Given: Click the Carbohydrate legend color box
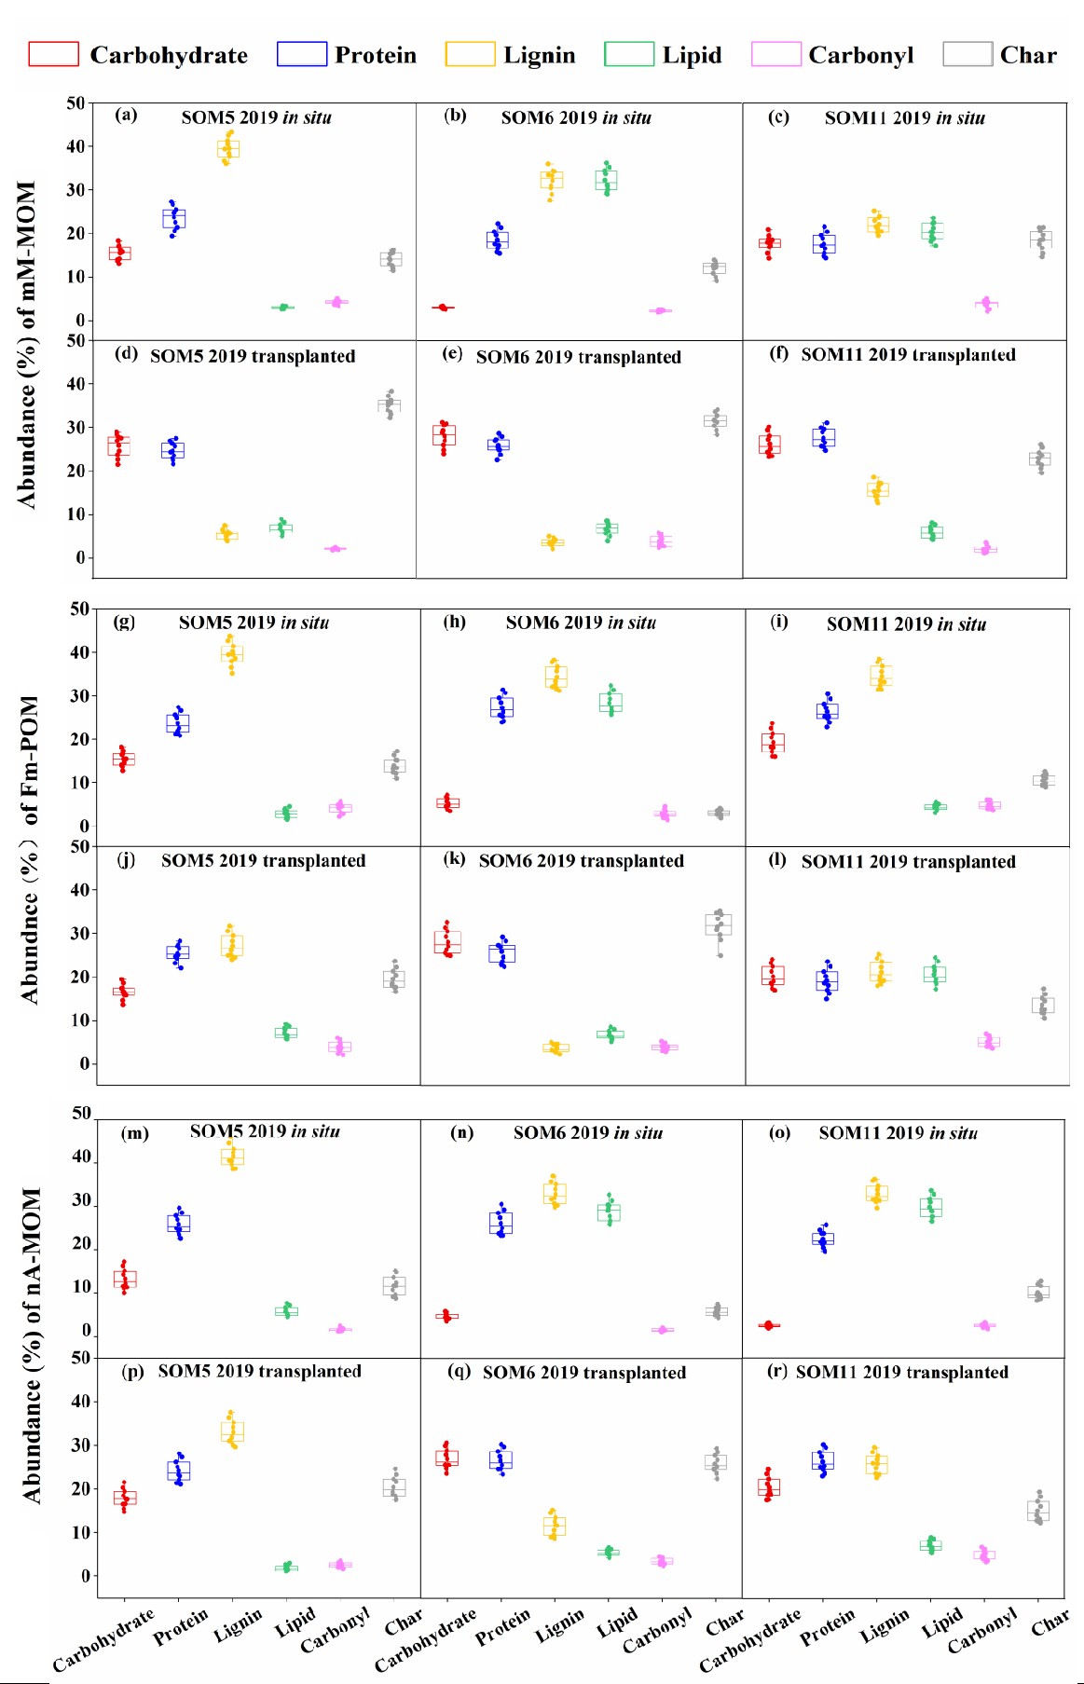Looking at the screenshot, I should (53, 54).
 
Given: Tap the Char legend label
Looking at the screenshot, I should (1028, 55).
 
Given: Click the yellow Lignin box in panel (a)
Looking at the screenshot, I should (228, 148).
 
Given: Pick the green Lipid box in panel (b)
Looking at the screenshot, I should (607, 180).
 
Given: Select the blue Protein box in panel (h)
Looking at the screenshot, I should (502, 707).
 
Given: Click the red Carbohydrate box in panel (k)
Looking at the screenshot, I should (447, 941).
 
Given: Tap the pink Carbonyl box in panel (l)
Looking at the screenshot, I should (989, 1041).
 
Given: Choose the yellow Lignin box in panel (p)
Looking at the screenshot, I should (232, 1431).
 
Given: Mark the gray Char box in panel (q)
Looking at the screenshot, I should (716, 1462).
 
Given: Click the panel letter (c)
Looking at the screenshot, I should (778, 117).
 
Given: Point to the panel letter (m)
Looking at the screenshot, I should (135, 1133).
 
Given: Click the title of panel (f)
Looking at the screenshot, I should (908, 355).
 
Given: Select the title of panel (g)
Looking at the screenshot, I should (254, 623).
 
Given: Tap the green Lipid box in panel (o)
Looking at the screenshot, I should (930, 1207).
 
